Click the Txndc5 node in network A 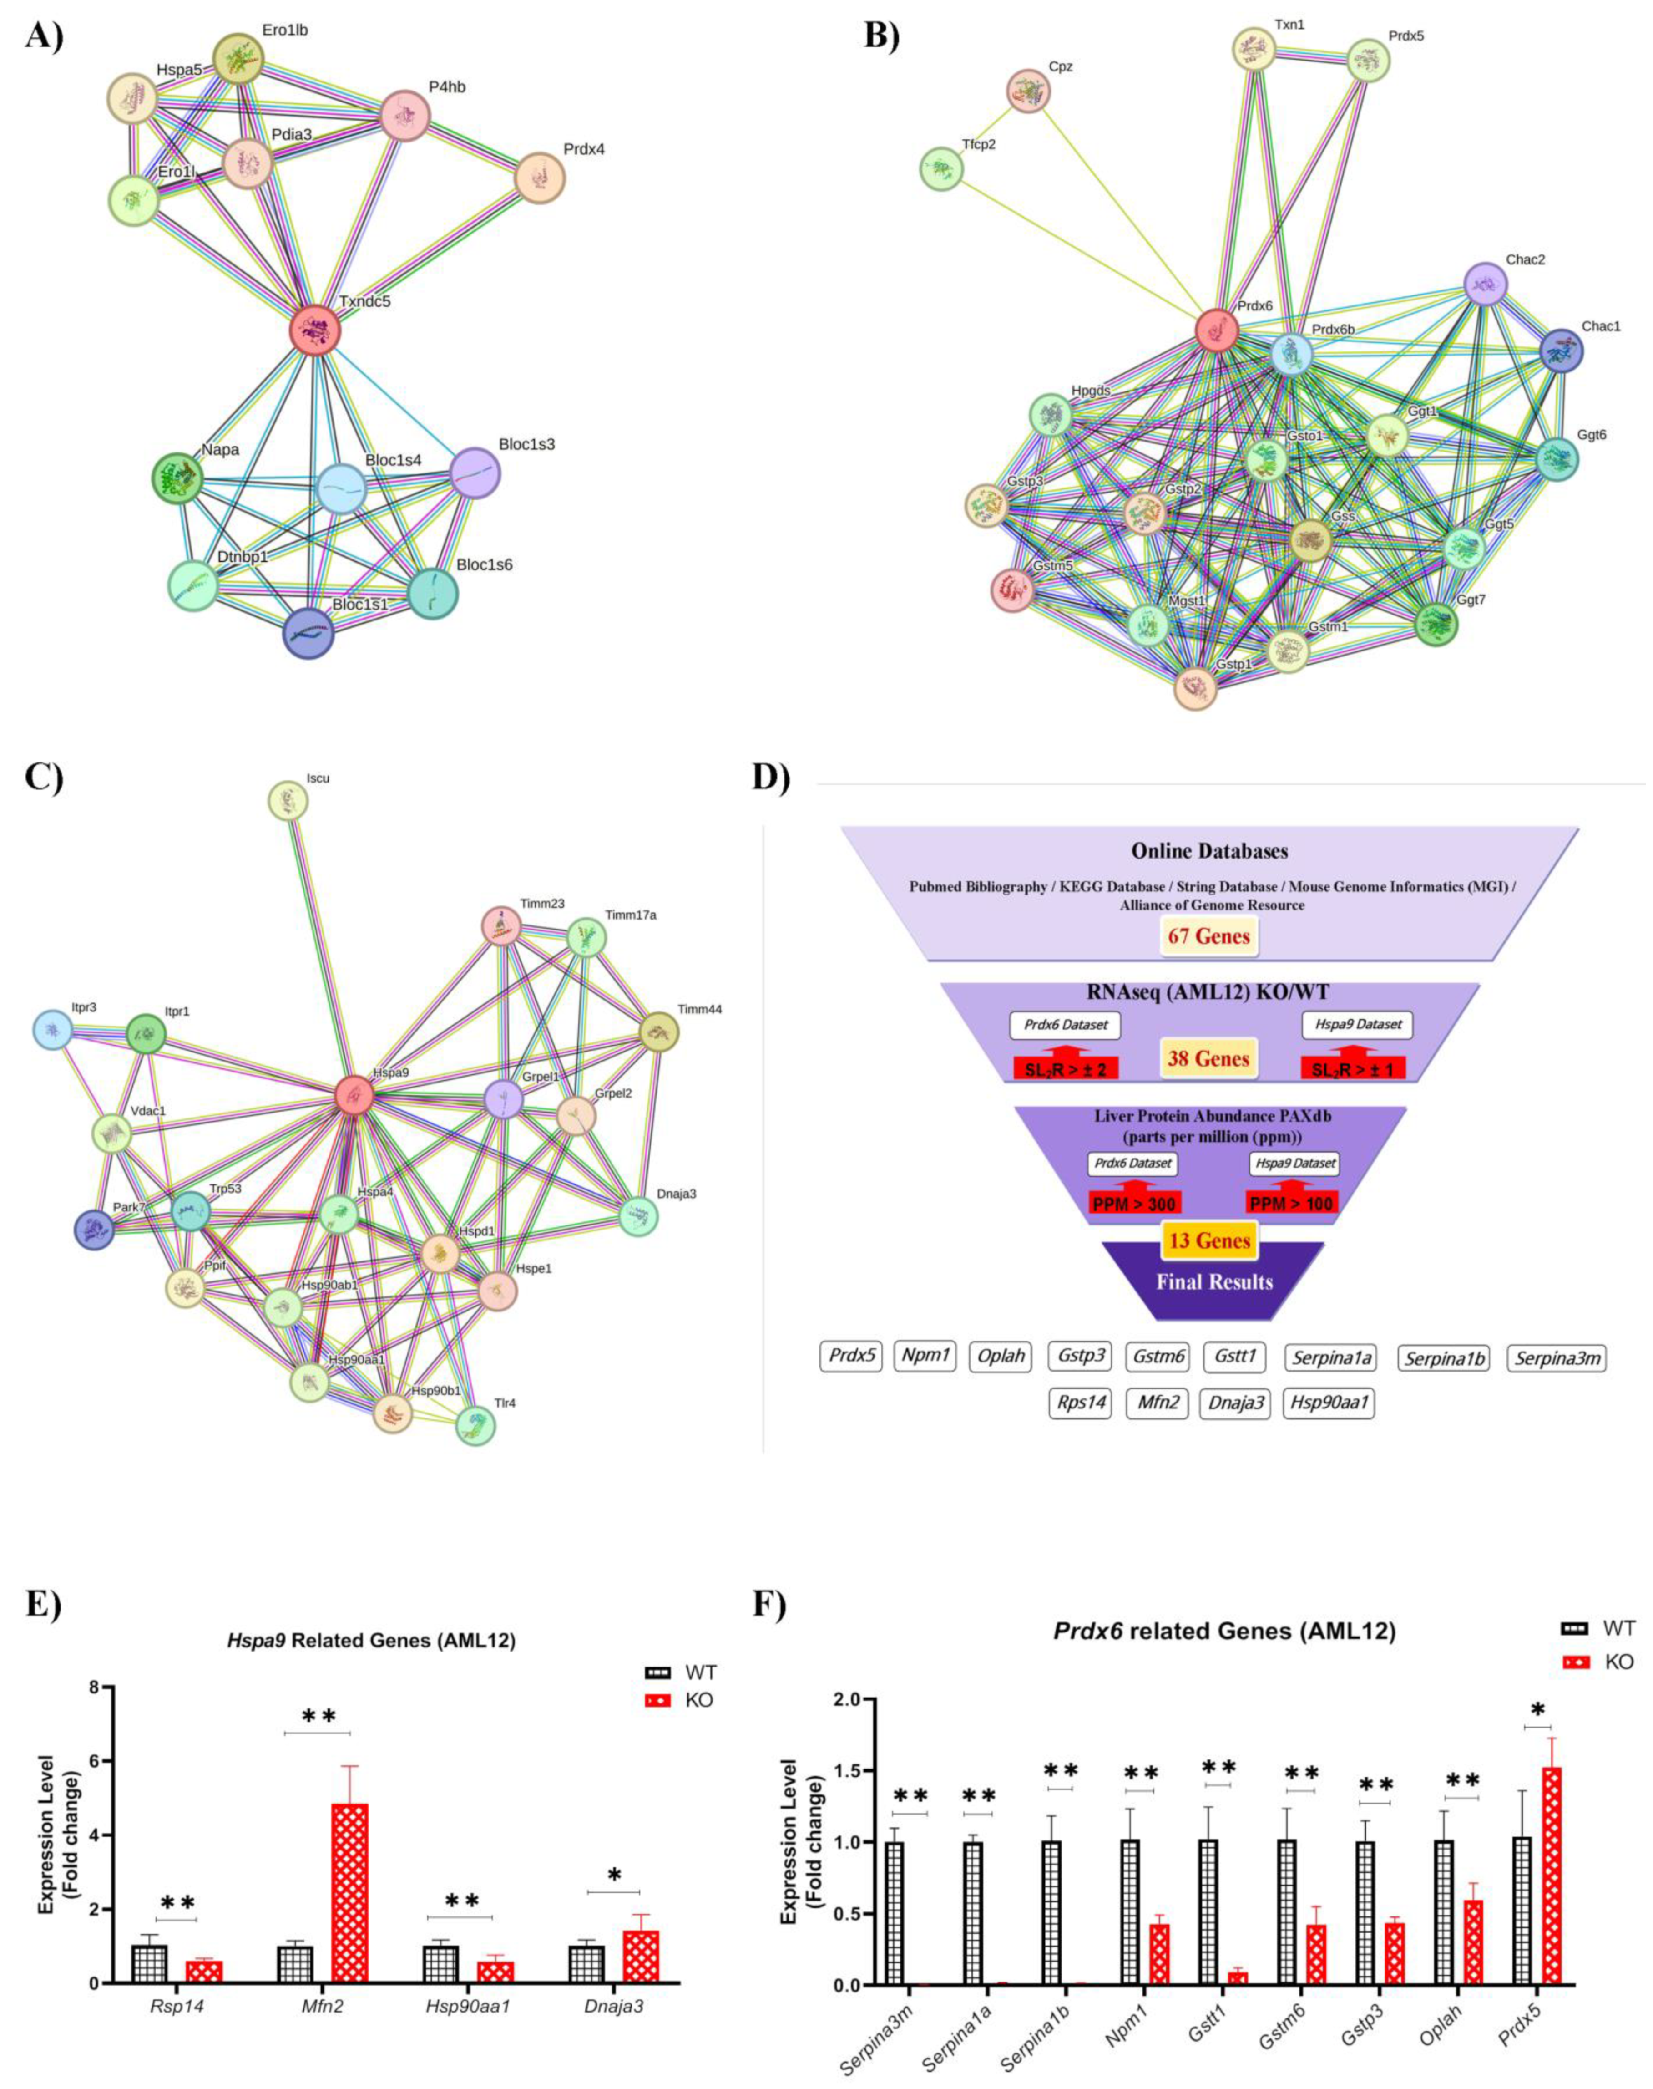[315, 330]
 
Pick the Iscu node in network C [288, 801]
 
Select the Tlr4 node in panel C [475, 1425]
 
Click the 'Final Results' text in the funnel [1213, 1281]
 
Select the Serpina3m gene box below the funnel [1556, 1358]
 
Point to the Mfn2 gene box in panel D [1158, 1403]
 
